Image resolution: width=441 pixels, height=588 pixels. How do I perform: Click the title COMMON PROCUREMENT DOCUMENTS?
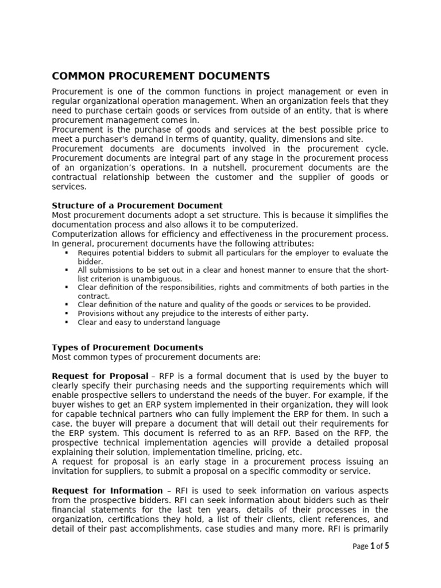[161, 76]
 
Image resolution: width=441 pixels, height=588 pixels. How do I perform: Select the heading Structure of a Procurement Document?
[137, 206]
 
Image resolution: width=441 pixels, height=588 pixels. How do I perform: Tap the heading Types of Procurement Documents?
[127, 347]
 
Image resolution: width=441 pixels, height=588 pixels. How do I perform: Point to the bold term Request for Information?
[107, 490]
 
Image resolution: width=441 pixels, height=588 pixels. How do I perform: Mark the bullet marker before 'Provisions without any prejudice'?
[67, 314]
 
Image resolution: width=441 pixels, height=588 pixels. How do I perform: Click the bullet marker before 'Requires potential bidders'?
[67, 253]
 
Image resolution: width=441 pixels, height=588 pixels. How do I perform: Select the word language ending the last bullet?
[202, 323]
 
